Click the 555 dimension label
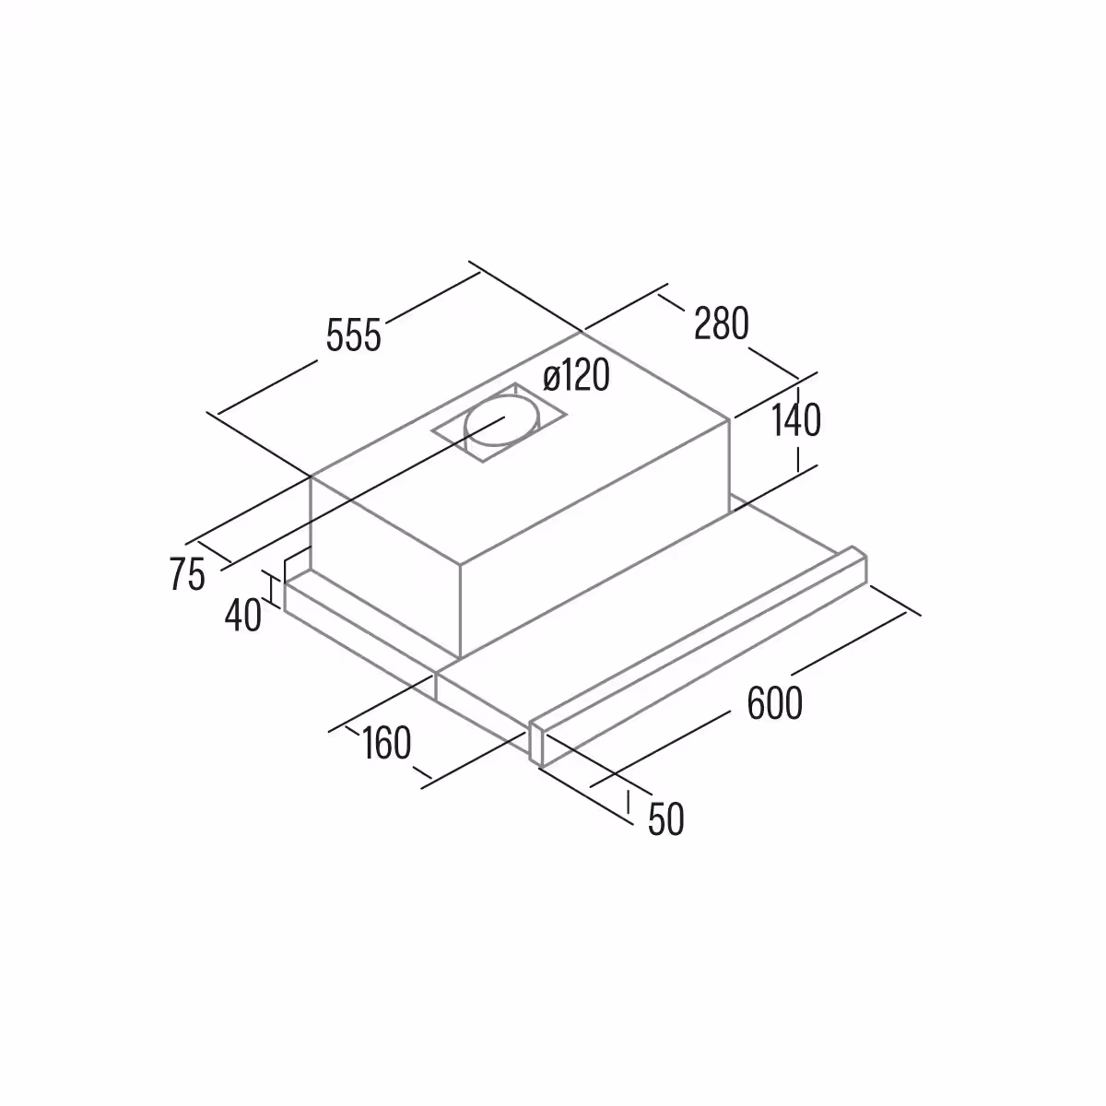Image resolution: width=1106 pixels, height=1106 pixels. (354, 335)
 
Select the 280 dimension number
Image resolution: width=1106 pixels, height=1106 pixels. (722, 324)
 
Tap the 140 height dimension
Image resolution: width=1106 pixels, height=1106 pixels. (796, 420)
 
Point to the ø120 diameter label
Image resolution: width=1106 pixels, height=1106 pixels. (576, 376)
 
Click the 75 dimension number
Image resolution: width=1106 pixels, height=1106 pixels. (188, 574)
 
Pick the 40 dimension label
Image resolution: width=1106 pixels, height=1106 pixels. (243, 616)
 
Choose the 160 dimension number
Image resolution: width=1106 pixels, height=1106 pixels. (386, 743)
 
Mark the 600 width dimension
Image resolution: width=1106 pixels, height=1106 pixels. (775, 703)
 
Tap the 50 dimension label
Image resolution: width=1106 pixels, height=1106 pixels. (665, 819)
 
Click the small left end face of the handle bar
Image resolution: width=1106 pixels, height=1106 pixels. (536, 743)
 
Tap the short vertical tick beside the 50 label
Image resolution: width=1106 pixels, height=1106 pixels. (629, 801)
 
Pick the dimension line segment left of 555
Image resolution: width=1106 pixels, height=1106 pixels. (267, 387)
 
